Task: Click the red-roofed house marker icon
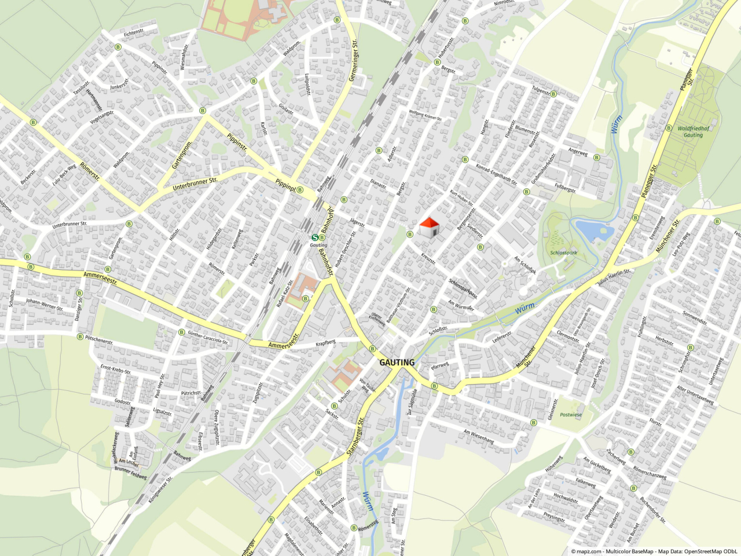coord(428,228)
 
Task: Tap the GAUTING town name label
coord(397,363)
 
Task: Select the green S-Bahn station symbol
coord(315,237)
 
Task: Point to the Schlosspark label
coord(563,253)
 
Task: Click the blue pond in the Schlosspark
coord(594,231)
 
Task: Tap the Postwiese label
coord(570,415)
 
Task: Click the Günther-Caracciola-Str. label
coord(208,337)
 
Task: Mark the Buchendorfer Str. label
coord(652,510)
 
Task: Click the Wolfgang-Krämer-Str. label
coord(425,115)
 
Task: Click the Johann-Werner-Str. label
coord(45,305)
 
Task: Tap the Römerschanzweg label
coord(650,473)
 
